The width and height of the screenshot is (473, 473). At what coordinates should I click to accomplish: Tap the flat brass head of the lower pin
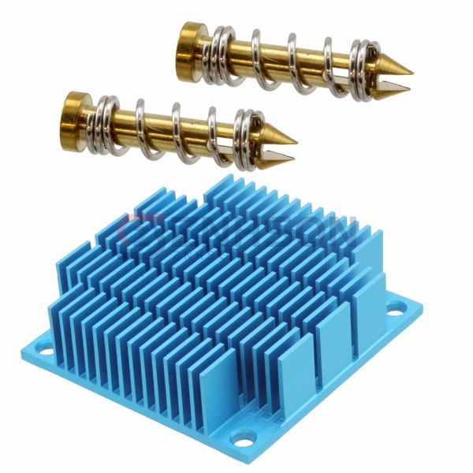click(x=74, y=111)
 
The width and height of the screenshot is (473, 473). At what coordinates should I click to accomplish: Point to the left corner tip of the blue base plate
click(x=24, y=346)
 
